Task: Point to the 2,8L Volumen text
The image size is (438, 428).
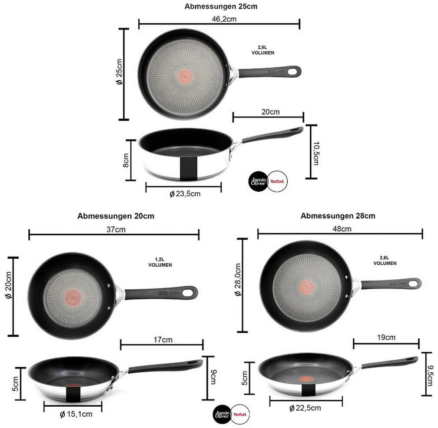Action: coord(263,50)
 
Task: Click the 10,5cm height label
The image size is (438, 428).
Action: coord(316,152)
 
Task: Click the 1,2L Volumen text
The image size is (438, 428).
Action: coord(160,262)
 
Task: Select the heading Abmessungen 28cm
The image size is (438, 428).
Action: coord(338,216)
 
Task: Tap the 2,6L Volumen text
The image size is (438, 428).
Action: coord(385,261)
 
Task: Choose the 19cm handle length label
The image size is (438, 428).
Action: coord(386,337)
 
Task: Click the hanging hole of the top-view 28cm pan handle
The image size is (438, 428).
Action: coord(413,282)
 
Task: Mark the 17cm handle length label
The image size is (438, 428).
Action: coord(162,340)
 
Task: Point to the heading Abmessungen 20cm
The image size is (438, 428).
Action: coord(116,216)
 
